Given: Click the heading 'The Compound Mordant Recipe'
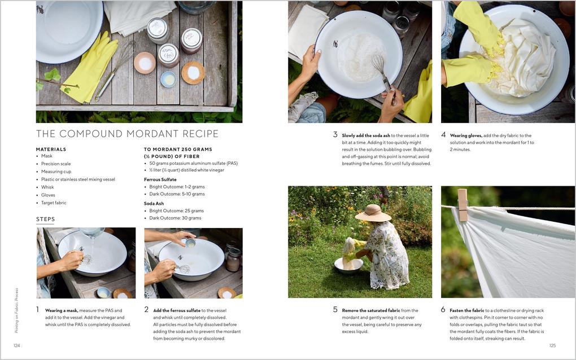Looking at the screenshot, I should tap(127, 134).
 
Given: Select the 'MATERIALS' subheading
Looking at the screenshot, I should tap(51, 150).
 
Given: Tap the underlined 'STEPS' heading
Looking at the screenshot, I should tap(46, 219).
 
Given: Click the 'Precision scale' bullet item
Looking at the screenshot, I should tap(56, 164).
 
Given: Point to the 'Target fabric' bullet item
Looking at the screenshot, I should tap(54, 203).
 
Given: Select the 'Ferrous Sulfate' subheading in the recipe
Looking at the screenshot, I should tap(160, 179).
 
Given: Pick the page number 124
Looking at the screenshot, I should tap(17, 345).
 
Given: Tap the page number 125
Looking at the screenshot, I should tap(552, 345).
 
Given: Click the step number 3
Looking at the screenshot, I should tap(335, 135).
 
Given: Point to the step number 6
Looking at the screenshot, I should tap(443, 310).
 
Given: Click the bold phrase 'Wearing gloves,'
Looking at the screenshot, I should tap(466, 135).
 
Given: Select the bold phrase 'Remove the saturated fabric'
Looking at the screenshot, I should tap(371, 310).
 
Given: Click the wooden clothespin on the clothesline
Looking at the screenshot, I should tap(462, 204).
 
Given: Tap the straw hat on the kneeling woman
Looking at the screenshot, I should tap(373, 213).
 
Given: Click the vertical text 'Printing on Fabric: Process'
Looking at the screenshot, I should tap(16, 310).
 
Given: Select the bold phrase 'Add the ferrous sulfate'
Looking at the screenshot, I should tap(177, 310).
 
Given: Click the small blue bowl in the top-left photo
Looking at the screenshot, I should tap(168, 80).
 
